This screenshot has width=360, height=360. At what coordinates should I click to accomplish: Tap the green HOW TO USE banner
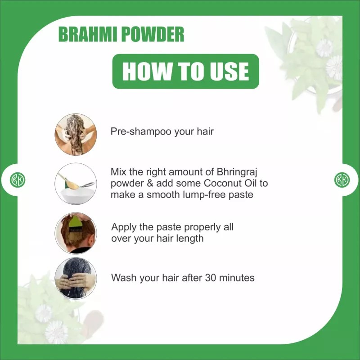pyautogui.click(x=185, y=71)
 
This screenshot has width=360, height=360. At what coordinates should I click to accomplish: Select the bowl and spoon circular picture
pyautogui.click(x=75, y=184)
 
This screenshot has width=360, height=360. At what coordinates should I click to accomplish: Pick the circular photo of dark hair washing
pyautogui.click(x=75, y=278)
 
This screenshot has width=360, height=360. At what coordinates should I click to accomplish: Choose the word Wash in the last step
pyautogui.click(x=123, y=278)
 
